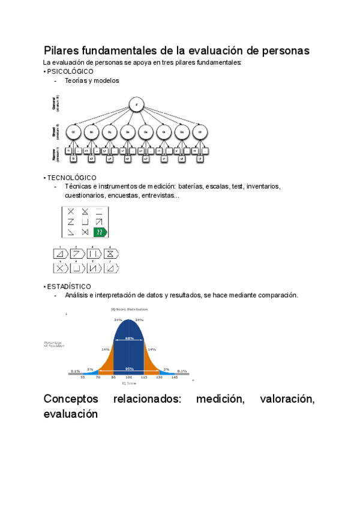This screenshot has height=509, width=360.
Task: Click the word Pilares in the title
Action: pos(62,50)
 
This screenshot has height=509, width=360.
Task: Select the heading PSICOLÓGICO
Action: pos(70,71)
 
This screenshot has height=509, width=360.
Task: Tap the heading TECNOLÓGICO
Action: pos(71,178)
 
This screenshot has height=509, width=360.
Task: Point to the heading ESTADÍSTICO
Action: pos(69,286)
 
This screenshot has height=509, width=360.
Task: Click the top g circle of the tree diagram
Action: pos(137,104)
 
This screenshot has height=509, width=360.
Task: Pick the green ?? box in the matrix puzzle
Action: pos(100,232)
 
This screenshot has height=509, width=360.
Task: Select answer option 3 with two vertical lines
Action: pos(93,254)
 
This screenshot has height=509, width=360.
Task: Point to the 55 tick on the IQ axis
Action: pos(83,378)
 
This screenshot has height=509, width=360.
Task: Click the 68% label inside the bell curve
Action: pos(129,339)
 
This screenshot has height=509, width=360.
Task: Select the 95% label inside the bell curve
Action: pos(129,369)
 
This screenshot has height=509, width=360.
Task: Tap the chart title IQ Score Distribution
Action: pos(128,309)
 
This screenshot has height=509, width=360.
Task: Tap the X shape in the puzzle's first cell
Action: pos(71,211)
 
